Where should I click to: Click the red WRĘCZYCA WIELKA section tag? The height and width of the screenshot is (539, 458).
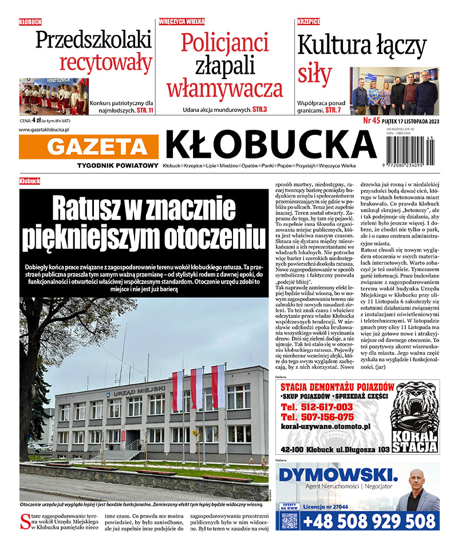pos(181,22)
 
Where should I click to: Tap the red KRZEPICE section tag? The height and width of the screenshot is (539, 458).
pos(309,22)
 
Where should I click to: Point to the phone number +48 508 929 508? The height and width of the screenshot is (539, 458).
pos(369,521)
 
